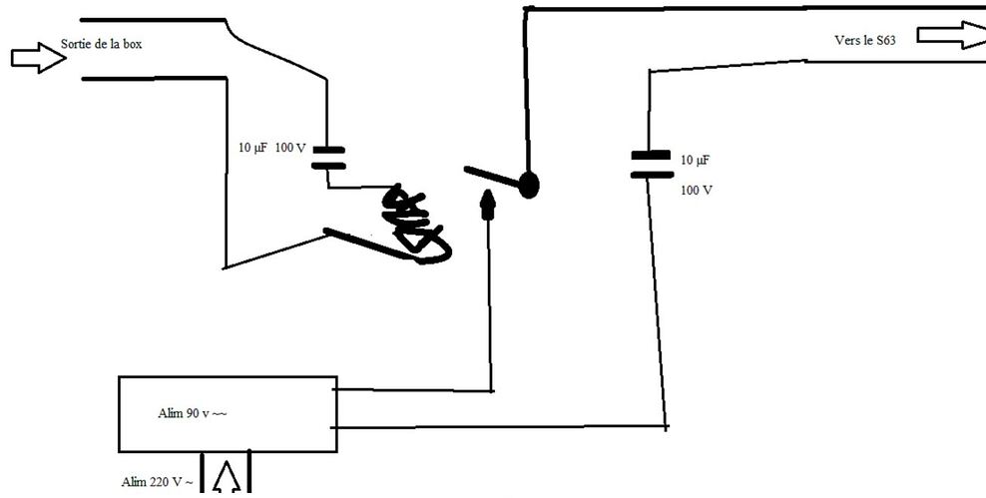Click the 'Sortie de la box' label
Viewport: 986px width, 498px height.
click(x=108, y=45)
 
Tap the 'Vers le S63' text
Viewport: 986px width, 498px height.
click(x=864, y=41)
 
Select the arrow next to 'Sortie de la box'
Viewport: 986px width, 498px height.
click(x=38, y=58)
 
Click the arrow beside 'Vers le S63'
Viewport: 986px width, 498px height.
click(x=949, y=35)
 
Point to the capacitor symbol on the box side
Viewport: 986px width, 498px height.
click(x=328, y=158)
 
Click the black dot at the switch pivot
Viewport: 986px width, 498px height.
click(x=528, y=184)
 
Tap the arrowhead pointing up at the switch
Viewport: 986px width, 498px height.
click(x=488, y=205)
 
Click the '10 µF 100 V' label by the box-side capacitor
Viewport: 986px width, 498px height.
click(x=271, y=148)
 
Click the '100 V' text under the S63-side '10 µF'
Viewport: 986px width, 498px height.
click(x=697, y=190)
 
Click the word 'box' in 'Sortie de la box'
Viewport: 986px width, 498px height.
click(x=143, y=45)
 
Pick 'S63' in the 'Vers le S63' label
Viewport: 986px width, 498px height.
click(x=885, y=41)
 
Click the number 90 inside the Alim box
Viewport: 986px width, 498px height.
click(x=189, y=413)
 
